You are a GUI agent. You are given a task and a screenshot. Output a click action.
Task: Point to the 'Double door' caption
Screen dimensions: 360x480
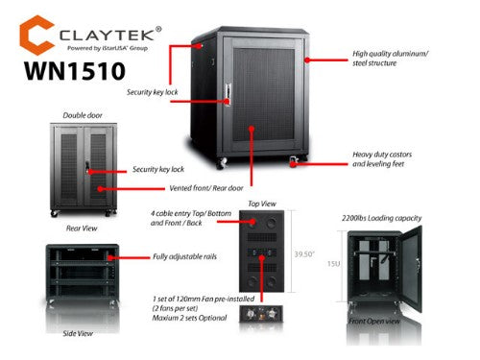tap(82, 115)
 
